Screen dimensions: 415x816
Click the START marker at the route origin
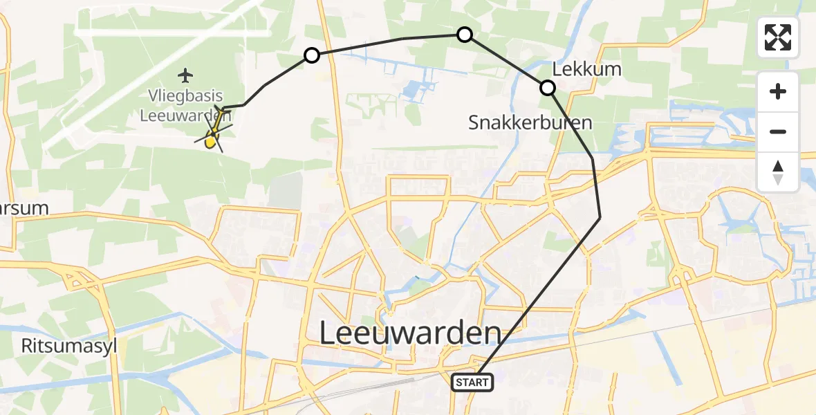[x=472, y=382]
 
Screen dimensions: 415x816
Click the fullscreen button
[x=778, y=37]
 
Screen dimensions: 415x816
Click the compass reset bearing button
[x=778, y=172]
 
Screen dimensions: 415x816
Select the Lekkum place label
[x=577, y=69]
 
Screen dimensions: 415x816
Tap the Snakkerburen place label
[x=530, y=123]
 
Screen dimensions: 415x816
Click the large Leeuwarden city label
[x=410, y=333]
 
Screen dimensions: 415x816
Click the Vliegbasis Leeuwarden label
[x=185, y=105]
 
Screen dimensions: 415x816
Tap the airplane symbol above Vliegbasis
[x=185, y=74]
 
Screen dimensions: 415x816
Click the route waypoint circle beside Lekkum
[x=547, y=88]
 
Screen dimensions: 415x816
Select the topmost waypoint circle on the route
[x=465, y=35]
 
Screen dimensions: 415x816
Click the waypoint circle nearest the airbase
[x=312, y=55]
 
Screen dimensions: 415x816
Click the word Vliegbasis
[x=185, y=96]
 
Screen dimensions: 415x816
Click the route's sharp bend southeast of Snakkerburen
[x=600, y=217]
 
